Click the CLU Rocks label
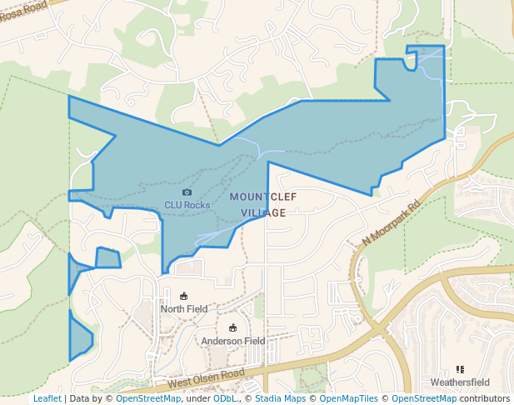pyautogui.click(x=187, y=204)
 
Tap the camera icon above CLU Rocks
pyautogui.click(x=187, y=192)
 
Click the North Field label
pyautogui.click(x=184, y=308)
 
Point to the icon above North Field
pyautogui.click(x=184, y=296)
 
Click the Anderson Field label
pyautogui.click(x=232, y=341)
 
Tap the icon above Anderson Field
pyautogui.click(x=232, y=328)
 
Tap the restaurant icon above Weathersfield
pyautogui.click(x=460, y=369)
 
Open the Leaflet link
pyautogui.click(x=47, y=399)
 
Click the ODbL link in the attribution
pyautogui.click(x=224, y=399)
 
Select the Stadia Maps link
pyautogui.click(x=278, y=399)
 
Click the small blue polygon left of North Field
pyautogui.click(x=108, y=258)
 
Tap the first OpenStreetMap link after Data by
pyautogui.click(x=148, y=399)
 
